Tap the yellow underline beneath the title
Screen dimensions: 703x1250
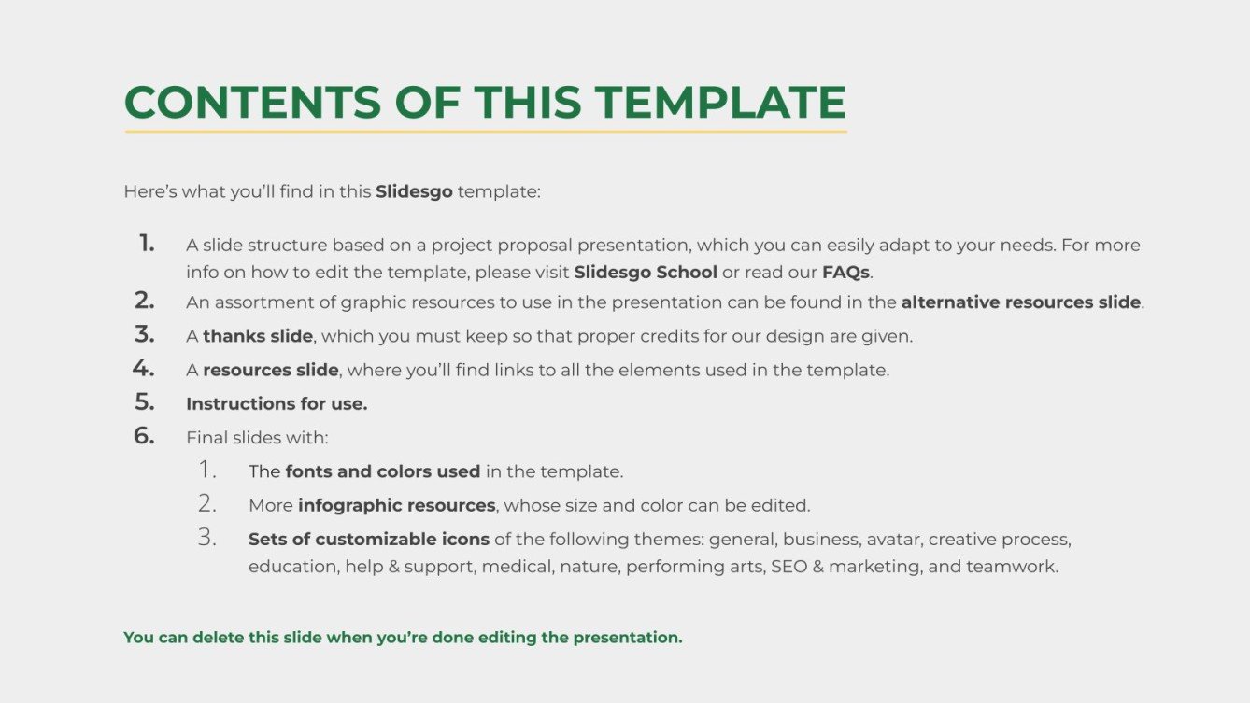(x=485, y=132)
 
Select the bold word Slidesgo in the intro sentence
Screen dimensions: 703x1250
(x=414, y=192)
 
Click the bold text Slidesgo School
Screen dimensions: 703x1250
(x=646, y=273)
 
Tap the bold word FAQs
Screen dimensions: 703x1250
(x=845, y=273)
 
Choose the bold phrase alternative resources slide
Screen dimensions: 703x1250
(x=1020, y=302)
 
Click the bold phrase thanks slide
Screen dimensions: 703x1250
(x=258, y=336)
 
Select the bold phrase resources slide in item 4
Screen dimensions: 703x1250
(x=270, y=370)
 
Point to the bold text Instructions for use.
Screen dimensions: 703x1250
(x=277, y=404)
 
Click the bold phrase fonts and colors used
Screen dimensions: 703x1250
(x=383, y=471)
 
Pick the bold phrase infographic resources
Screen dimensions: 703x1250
(x=396, y=506)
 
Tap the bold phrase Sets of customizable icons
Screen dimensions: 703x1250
(x=368, y=540)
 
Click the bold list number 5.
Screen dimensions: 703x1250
(x=144, y=402)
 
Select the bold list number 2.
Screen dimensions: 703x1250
(x=144, y=301)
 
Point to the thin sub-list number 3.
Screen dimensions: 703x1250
(x=206, y=538)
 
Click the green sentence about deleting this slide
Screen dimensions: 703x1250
(x=403, y=638)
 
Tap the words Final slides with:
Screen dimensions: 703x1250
(x=257, y=438)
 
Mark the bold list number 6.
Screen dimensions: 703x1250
(x=144, y=436)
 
